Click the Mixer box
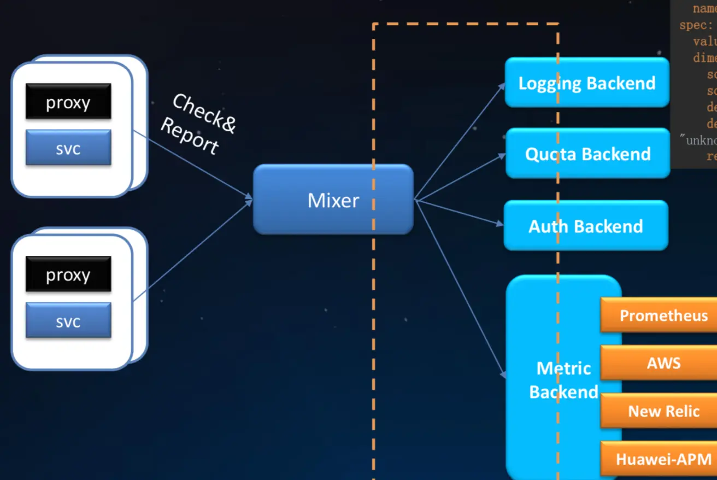[x=333, y=200]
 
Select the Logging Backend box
[x=586, y=83]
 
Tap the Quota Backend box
[x=587, y=154]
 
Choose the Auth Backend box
[x=585, y=226]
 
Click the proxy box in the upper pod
[x=68, y=102]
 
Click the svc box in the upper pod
[x=68, y=148]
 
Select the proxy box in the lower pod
[x=68, y=274]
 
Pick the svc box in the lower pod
[x=68, y=321]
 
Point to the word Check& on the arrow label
[x=204, y=114]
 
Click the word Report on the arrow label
[x=190, y=137]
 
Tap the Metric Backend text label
[x=563, y=380]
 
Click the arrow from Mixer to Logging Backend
[x=460, y=142]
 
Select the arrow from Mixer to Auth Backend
[x=459, y=213]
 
